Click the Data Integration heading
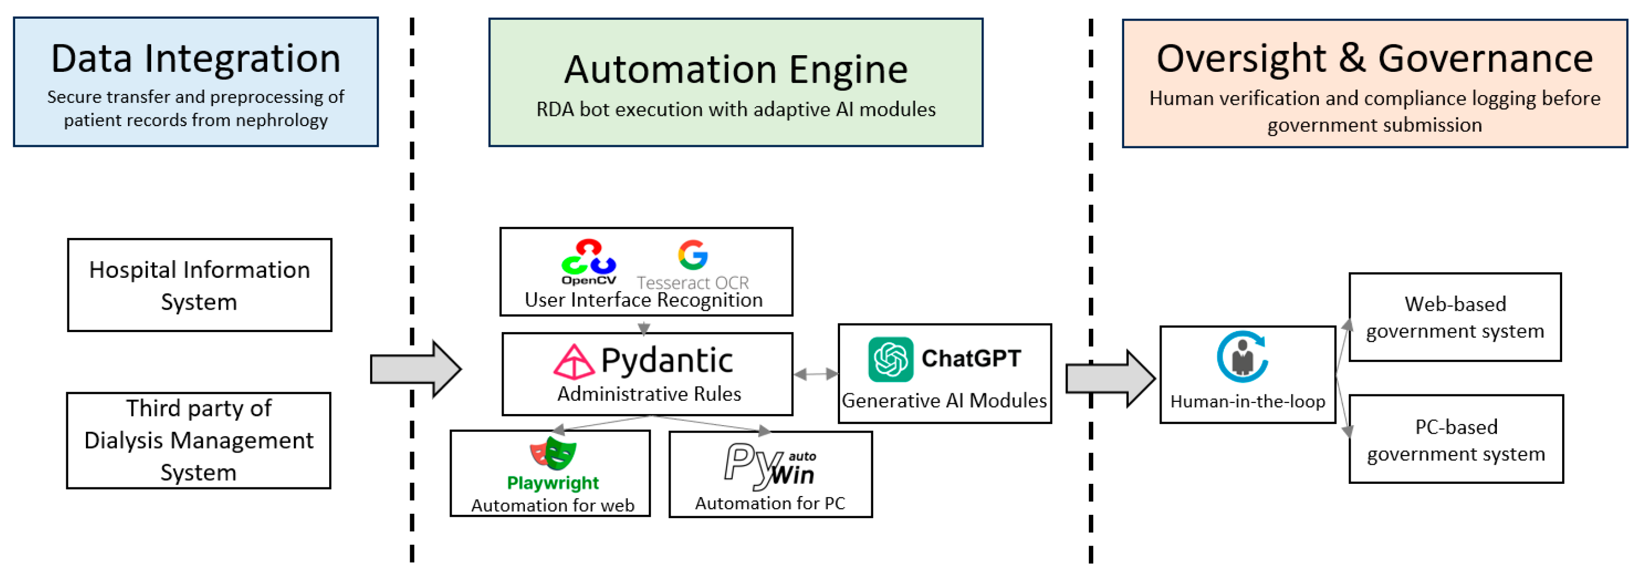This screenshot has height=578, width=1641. point(196,59)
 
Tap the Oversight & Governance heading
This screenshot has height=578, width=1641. point(1374,59)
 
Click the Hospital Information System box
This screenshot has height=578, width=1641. point(199,285)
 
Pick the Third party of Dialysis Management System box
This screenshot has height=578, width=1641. point(199,440)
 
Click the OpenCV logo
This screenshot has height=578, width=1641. point(589,261)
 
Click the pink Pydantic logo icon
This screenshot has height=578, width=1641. point(573,362)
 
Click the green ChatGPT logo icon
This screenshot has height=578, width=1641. point(891,359)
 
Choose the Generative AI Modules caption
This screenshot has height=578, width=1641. point(944,400)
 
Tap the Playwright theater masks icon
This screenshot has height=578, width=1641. point(553,452)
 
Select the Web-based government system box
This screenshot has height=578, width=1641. point(1455,317)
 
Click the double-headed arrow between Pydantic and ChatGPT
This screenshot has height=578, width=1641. point(815,374)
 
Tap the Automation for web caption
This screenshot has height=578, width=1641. point(552,505)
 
